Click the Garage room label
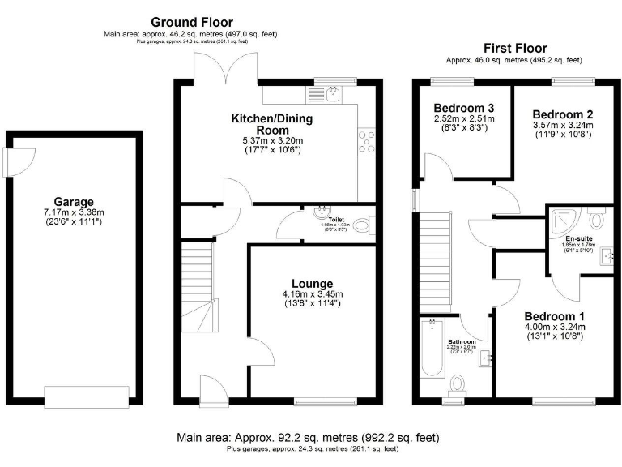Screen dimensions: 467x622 [x=74, y=202]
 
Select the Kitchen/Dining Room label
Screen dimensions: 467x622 [x=271, y=124]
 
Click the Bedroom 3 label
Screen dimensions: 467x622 [x=463, y=108]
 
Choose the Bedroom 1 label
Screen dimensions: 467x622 [x=555, y=315]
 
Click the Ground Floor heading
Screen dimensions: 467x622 [x=192, y=22]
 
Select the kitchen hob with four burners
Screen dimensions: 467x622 [x=367, y=141]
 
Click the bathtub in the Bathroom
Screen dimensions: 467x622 [x=432, y=348]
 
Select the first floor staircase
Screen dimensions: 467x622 [x=434, y=259]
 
